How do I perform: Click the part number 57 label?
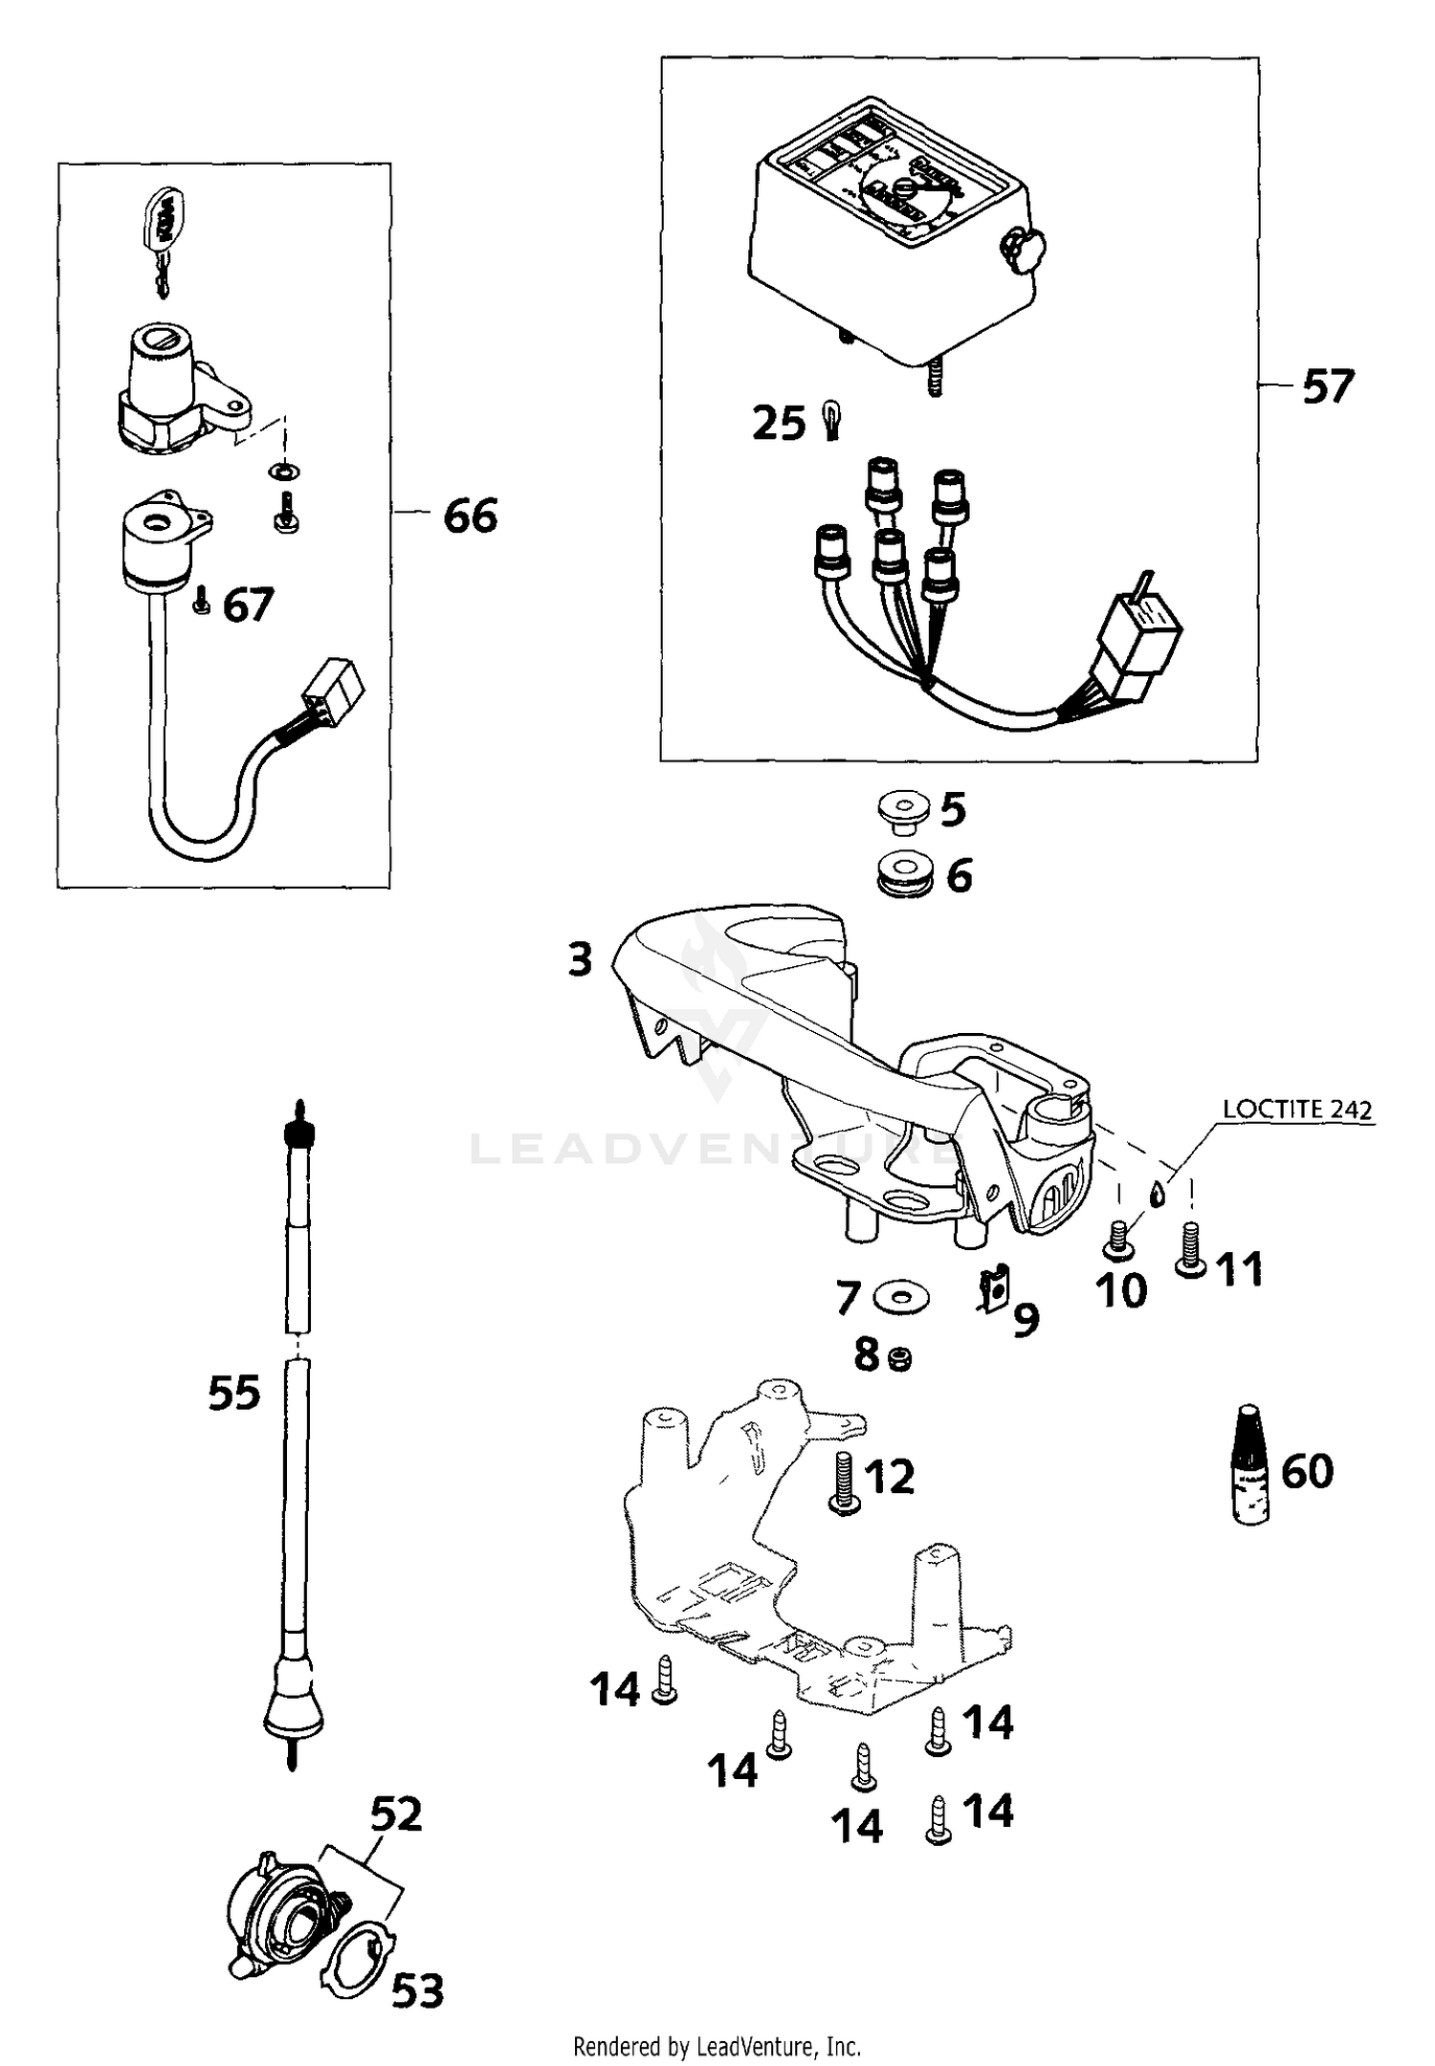pyautogui.click(x=1328, y=387)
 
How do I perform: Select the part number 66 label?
pyautogui.click(x=471, y=516)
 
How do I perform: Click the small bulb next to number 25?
pyautogui.click(x=830, y=421)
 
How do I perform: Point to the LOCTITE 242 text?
pyautogui.click(x=1297, y=1110)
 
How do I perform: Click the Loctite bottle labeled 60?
pyautogui.click(x=1248, y=1464)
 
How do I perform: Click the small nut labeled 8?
pyautogui.click(x=899, y=1358)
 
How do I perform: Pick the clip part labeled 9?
pyautogui.click(x=993, y=1291)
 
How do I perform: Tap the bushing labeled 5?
pyautogui.click(x=903, y=810)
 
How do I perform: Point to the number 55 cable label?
pyautogui.click(x=233, y=1393)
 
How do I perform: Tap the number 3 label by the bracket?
pyautogui.click(x=581, y=959)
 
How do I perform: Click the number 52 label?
pyautogui.click(x=396, y=1814)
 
